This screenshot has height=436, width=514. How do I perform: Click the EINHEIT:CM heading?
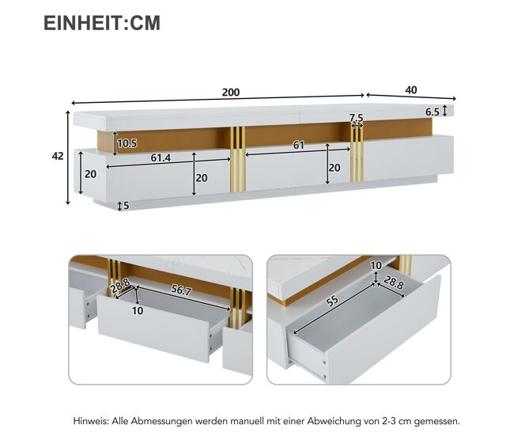coord(102,23)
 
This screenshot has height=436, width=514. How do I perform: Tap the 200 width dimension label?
coord(231,93)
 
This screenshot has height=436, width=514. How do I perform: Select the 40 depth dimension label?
coord(411,90)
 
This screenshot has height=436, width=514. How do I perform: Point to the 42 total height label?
coord(58,156)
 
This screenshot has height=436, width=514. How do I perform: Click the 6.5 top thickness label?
coord(433,112)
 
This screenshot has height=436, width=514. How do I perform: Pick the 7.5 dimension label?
coord(356,117)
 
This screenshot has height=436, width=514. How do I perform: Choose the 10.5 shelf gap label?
coord(127,143)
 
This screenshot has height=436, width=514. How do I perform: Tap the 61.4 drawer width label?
coord(161,157)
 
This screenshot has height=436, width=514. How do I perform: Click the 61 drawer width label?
coord(299,145)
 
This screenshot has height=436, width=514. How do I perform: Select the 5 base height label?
coord(127,206)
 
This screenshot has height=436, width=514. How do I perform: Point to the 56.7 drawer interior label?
coord(181,290)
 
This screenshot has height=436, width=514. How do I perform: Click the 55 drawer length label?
coord(332,301)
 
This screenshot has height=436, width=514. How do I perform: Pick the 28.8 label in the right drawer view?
coord(393,282)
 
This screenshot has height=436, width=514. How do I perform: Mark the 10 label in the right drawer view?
coord(376,265)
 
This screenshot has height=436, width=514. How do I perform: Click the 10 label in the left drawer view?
coord(138,311)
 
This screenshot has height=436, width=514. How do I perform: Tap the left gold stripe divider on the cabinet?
coord(238,159)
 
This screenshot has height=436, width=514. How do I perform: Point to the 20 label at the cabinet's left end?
coord(90,174)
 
